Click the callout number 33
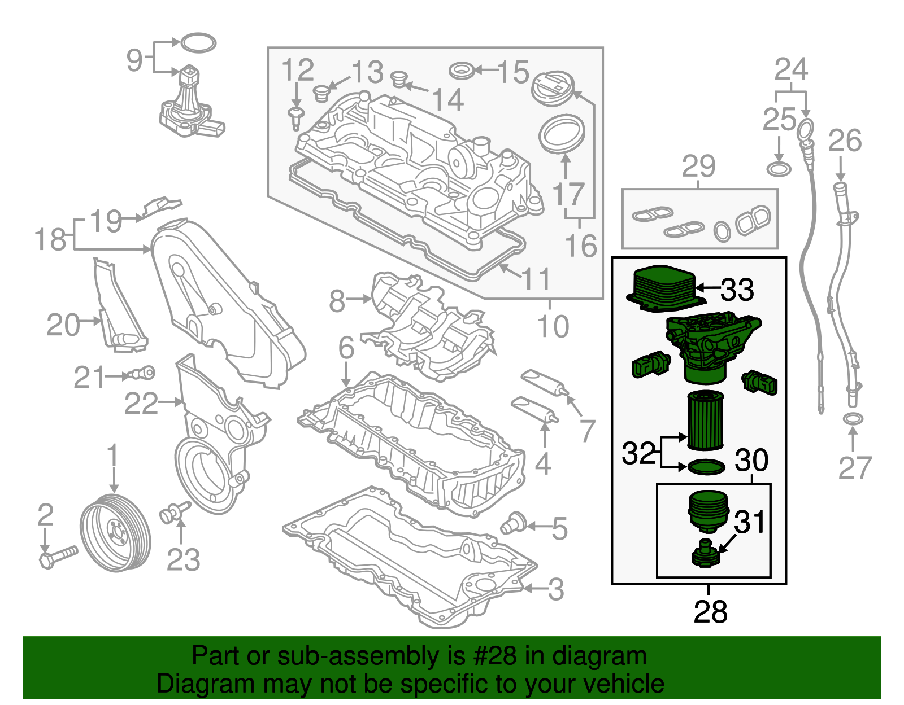point(737,290)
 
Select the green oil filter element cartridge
point(705,421)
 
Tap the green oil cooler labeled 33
point(663,287)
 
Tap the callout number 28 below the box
point(710,611)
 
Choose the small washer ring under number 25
point(779,169)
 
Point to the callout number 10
point(553,326)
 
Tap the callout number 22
point(141,403)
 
